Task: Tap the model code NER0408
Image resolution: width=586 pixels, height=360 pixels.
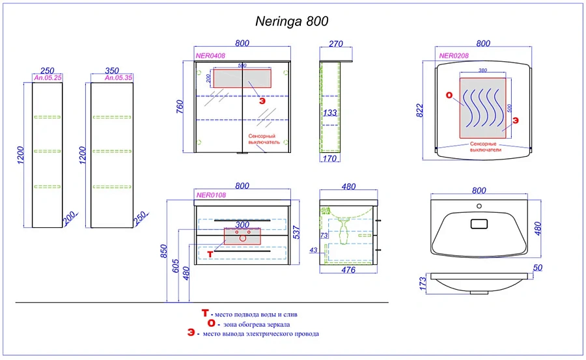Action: [210, 56]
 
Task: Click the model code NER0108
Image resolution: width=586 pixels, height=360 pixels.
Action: [210, 194]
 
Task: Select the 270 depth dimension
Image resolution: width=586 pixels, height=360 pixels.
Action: [336, 44]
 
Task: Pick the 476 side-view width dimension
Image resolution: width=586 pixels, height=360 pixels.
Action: [348, 270]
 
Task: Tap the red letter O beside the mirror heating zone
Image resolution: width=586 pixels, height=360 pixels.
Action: [449, 96]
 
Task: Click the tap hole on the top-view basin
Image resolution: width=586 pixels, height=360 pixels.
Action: [479, 207]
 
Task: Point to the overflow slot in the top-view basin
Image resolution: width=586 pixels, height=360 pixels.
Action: [479, 224]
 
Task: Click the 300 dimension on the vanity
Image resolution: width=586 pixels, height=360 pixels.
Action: [242, 224]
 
